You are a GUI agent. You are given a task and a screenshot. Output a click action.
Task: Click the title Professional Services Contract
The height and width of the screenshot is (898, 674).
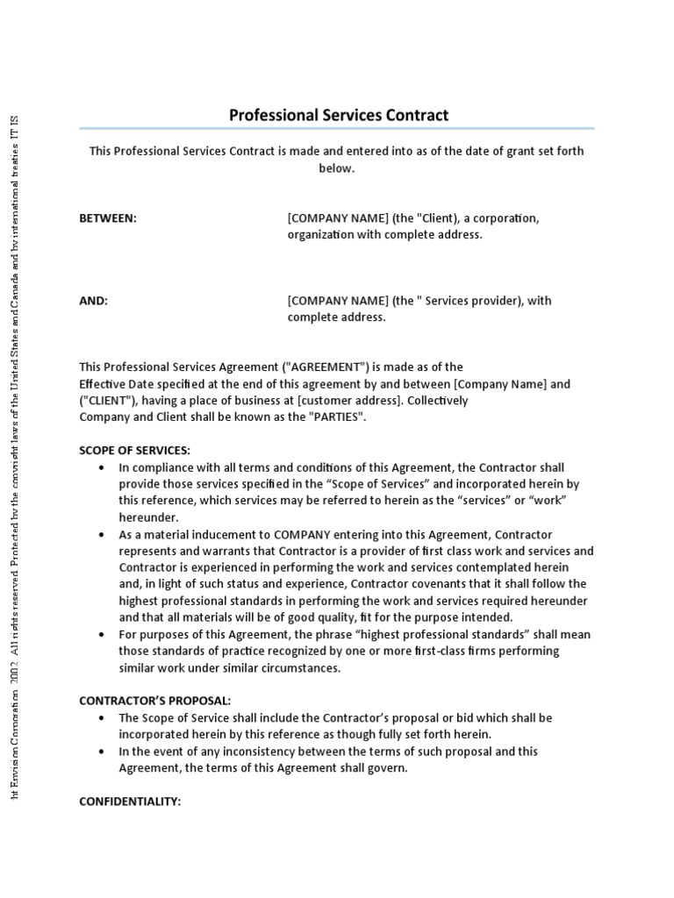coord(338,115)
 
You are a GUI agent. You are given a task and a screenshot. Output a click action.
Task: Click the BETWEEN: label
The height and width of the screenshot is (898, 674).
coord(108,218)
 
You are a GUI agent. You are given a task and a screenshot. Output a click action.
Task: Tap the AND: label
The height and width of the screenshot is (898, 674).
coord(94,301)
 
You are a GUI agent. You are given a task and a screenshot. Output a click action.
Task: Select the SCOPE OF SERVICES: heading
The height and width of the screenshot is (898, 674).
coord(134,450)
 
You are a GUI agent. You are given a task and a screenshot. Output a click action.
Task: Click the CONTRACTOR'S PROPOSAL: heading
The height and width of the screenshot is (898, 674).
coord(155,701)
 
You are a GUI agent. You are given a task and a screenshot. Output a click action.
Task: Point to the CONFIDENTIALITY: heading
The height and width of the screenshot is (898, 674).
coord(130,802)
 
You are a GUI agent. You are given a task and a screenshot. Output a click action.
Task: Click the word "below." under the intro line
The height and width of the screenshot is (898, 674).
coord(336,168)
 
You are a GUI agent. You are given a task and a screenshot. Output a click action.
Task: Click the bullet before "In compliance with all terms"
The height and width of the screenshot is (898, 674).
coord(105,467)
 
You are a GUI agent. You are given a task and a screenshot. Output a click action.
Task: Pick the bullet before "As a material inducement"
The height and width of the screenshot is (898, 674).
coord(105,534)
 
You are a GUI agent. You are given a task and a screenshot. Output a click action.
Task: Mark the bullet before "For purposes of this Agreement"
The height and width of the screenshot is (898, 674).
coord(105,634)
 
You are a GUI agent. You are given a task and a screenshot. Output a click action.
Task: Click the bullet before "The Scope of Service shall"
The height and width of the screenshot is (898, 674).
coord(105,717)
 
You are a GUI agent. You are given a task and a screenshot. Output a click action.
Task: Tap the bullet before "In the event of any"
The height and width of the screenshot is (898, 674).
coord(105,752)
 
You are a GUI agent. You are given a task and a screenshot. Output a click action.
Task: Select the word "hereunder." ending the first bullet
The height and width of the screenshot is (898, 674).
coord(148,517)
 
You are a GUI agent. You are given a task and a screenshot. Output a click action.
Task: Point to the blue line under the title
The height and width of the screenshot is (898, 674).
coord(336,129)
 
